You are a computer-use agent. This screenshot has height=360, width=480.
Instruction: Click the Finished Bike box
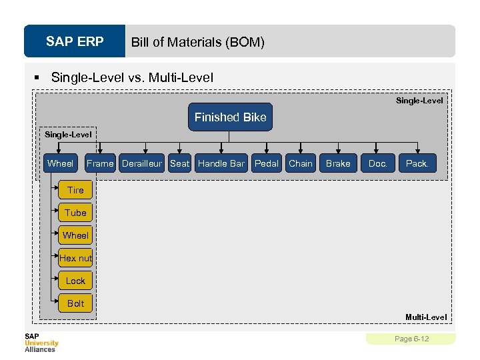230,117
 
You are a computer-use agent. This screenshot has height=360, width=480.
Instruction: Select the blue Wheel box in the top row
61,163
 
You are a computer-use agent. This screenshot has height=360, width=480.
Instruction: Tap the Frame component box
100,163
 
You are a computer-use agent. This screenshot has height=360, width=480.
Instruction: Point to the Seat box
179,163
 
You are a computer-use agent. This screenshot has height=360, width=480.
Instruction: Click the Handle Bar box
221,163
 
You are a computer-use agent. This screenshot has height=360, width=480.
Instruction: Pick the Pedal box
267,163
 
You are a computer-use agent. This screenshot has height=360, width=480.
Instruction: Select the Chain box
301,163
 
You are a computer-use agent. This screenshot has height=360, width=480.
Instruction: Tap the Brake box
338,163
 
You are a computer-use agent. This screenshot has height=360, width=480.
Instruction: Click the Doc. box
378,163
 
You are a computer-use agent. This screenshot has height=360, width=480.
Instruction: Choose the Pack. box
417,163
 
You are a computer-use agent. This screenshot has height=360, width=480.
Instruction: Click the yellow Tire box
75,190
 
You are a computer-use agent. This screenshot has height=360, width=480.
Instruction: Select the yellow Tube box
75,213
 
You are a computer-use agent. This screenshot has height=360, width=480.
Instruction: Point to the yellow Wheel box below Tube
75,235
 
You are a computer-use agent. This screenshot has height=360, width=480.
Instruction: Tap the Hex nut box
75,258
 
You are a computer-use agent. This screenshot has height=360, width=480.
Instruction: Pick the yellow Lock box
75,281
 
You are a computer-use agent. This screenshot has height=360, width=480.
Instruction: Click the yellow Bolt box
75,303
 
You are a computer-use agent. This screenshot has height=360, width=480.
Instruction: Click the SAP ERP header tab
75,42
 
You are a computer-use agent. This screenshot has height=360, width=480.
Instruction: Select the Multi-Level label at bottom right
426,317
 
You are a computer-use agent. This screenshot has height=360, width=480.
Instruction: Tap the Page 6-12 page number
411,339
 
